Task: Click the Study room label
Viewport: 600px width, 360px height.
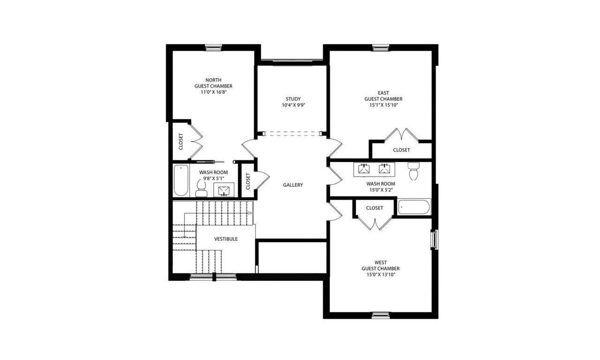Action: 293,99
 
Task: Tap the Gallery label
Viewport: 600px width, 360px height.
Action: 293,185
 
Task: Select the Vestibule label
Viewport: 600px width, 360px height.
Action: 226,239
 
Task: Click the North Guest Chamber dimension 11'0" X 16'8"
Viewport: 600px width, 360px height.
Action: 213,92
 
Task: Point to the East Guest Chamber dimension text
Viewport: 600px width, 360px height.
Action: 383,105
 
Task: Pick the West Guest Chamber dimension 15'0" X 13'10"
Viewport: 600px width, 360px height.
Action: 380,275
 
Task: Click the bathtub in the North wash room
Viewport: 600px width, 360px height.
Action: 180,181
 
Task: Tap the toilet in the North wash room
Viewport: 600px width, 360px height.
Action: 202,189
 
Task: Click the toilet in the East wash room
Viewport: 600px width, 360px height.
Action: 413,172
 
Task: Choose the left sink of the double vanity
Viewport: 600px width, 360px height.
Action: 364,168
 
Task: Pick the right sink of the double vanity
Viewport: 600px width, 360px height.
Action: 385,168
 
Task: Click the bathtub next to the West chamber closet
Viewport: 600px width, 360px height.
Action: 414,207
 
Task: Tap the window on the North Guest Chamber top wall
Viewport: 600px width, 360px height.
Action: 213,47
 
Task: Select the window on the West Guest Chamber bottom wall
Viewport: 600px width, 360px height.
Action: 381,315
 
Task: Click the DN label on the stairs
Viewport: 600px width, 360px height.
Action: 250,213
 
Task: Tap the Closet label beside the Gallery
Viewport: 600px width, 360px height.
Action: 248,181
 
